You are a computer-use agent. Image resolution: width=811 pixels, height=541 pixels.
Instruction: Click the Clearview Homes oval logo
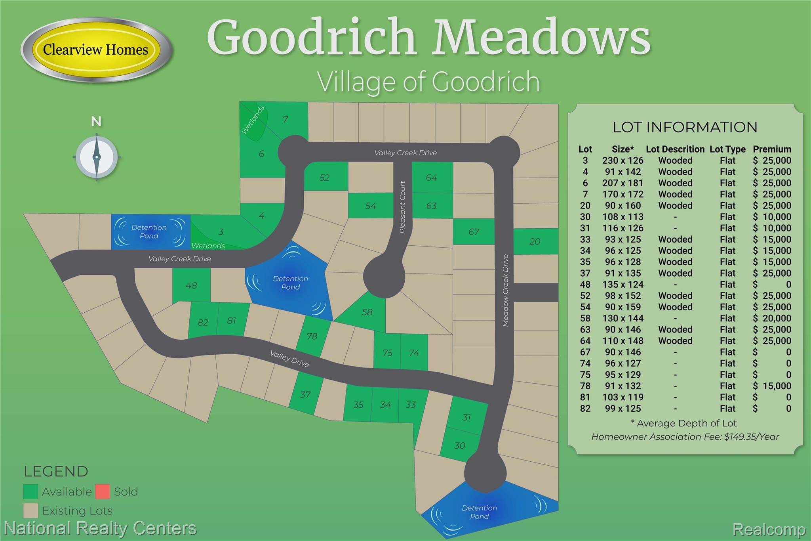pos(96,50)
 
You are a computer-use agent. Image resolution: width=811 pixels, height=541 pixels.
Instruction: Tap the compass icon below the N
pos(97,157)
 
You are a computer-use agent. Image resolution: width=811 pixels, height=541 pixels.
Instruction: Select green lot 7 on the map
pos(286,119)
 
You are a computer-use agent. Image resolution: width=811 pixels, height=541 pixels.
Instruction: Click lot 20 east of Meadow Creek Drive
pos(535,241)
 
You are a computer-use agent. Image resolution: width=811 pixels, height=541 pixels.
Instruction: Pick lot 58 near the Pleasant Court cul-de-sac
pos(367,312)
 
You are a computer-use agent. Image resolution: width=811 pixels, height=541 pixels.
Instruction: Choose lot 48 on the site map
pos(191,285)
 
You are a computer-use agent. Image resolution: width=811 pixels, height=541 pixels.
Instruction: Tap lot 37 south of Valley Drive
pos(305,395)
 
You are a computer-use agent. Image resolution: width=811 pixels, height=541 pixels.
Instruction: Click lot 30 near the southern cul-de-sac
pos(459,445)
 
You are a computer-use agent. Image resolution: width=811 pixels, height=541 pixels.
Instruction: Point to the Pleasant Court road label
pos(403,207)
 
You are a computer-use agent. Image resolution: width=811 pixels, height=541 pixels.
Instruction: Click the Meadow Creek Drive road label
pos(505,290)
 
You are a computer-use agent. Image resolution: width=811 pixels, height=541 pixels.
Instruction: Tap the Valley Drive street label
pos(289,359)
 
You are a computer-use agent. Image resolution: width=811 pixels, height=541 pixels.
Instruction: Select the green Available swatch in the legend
pos(30,491)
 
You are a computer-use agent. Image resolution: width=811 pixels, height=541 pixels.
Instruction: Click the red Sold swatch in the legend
pos(102,491)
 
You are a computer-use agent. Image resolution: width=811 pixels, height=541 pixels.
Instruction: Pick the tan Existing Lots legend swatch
pos(30,510)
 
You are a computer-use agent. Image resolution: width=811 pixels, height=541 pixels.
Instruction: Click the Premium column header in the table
pos(772,149)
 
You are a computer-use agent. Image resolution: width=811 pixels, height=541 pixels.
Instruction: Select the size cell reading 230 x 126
pos(623,161)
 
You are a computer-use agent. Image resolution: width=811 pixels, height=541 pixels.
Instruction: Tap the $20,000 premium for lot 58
pos(772,318)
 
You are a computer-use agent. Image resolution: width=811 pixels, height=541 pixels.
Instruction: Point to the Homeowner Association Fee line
pos(685,437)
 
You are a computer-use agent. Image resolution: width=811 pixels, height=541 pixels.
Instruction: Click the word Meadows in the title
pos(541,38)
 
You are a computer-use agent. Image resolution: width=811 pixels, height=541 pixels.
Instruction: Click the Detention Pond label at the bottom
pos(479,512)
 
